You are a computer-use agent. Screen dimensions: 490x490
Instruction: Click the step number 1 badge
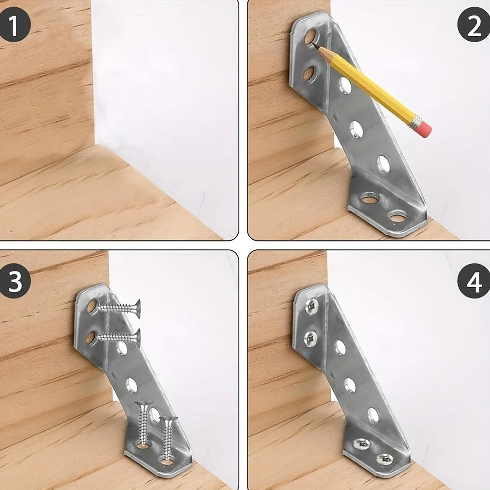click(x=15, y=25)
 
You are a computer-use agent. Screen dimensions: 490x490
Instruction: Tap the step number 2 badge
click(x=473, y=25)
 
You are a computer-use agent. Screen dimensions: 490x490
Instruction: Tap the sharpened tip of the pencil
click(x=314, y=45)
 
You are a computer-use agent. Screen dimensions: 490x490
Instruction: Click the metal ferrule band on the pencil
click(x=416, y=121)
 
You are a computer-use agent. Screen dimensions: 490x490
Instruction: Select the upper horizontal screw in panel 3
click(x=120, y=308)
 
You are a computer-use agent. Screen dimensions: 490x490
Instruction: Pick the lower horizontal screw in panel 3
click(x=120, y=337)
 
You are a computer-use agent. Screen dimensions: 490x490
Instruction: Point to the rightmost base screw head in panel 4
click(x=385, y=459)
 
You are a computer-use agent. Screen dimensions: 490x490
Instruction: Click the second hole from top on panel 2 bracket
click(x=309, y=74)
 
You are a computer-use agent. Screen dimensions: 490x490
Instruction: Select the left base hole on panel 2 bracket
click(x=370, y=198)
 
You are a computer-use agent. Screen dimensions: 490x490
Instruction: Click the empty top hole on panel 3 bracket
click(x=92, y=307)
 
